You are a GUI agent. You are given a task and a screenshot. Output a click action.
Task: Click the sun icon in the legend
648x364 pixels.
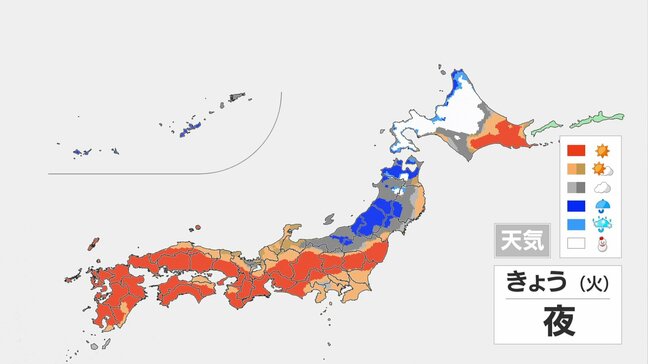tap(602, 150)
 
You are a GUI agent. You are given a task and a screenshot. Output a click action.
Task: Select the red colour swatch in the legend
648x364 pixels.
tap(576, 150)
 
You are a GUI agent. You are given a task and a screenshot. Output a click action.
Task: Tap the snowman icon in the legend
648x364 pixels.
tap(602, 242)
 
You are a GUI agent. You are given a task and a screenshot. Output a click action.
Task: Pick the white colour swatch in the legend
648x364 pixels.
tap(576, 242)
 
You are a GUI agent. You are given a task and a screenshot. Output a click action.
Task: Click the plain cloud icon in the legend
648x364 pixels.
tap(602, 187)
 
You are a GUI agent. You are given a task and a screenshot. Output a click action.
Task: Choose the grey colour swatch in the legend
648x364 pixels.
tap(576, 187)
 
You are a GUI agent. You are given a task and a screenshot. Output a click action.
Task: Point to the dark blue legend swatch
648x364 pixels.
tap(576, 205)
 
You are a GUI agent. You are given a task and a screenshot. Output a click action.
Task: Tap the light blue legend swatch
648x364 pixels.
tap(576, 224)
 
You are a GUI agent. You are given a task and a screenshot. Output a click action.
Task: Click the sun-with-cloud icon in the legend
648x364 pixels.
tap(602, 168)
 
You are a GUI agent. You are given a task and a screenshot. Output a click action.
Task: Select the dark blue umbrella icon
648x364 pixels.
tap(602, 205)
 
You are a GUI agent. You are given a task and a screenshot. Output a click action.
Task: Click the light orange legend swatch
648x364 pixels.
tap(576, 168)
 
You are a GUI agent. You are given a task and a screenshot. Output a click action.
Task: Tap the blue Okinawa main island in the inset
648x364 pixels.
tap(188, 128)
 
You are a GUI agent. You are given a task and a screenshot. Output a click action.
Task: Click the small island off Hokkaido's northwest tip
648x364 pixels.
tap(440, 70)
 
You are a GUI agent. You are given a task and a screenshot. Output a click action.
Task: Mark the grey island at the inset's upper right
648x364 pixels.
tap(237, 97)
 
